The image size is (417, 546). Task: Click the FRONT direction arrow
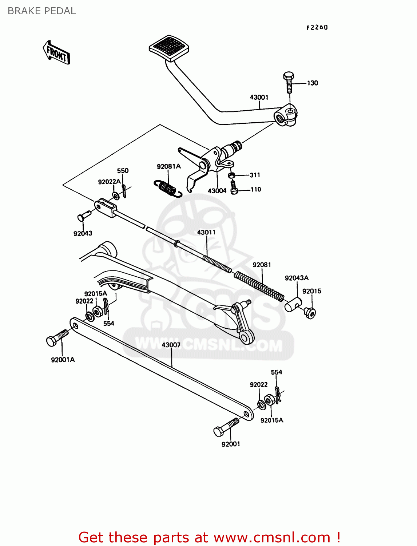pos(56,53)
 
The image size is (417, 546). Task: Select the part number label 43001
pos(259,97)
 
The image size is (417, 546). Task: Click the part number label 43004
pos(217,191)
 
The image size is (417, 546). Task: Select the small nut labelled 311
pos(231,175)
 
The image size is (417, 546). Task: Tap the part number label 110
pos(256,189)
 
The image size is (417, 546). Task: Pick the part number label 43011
pos(206,232)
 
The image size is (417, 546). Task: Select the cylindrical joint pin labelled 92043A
pos(293,304)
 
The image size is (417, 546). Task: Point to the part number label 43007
pos(171,345)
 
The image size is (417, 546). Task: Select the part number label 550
pos(123,171)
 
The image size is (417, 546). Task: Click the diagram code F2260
pos(317,27)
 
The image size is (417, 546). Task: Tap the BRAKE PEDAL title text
pos(42,11)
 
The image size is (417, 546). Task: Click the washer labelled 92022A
pos(116,196)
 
